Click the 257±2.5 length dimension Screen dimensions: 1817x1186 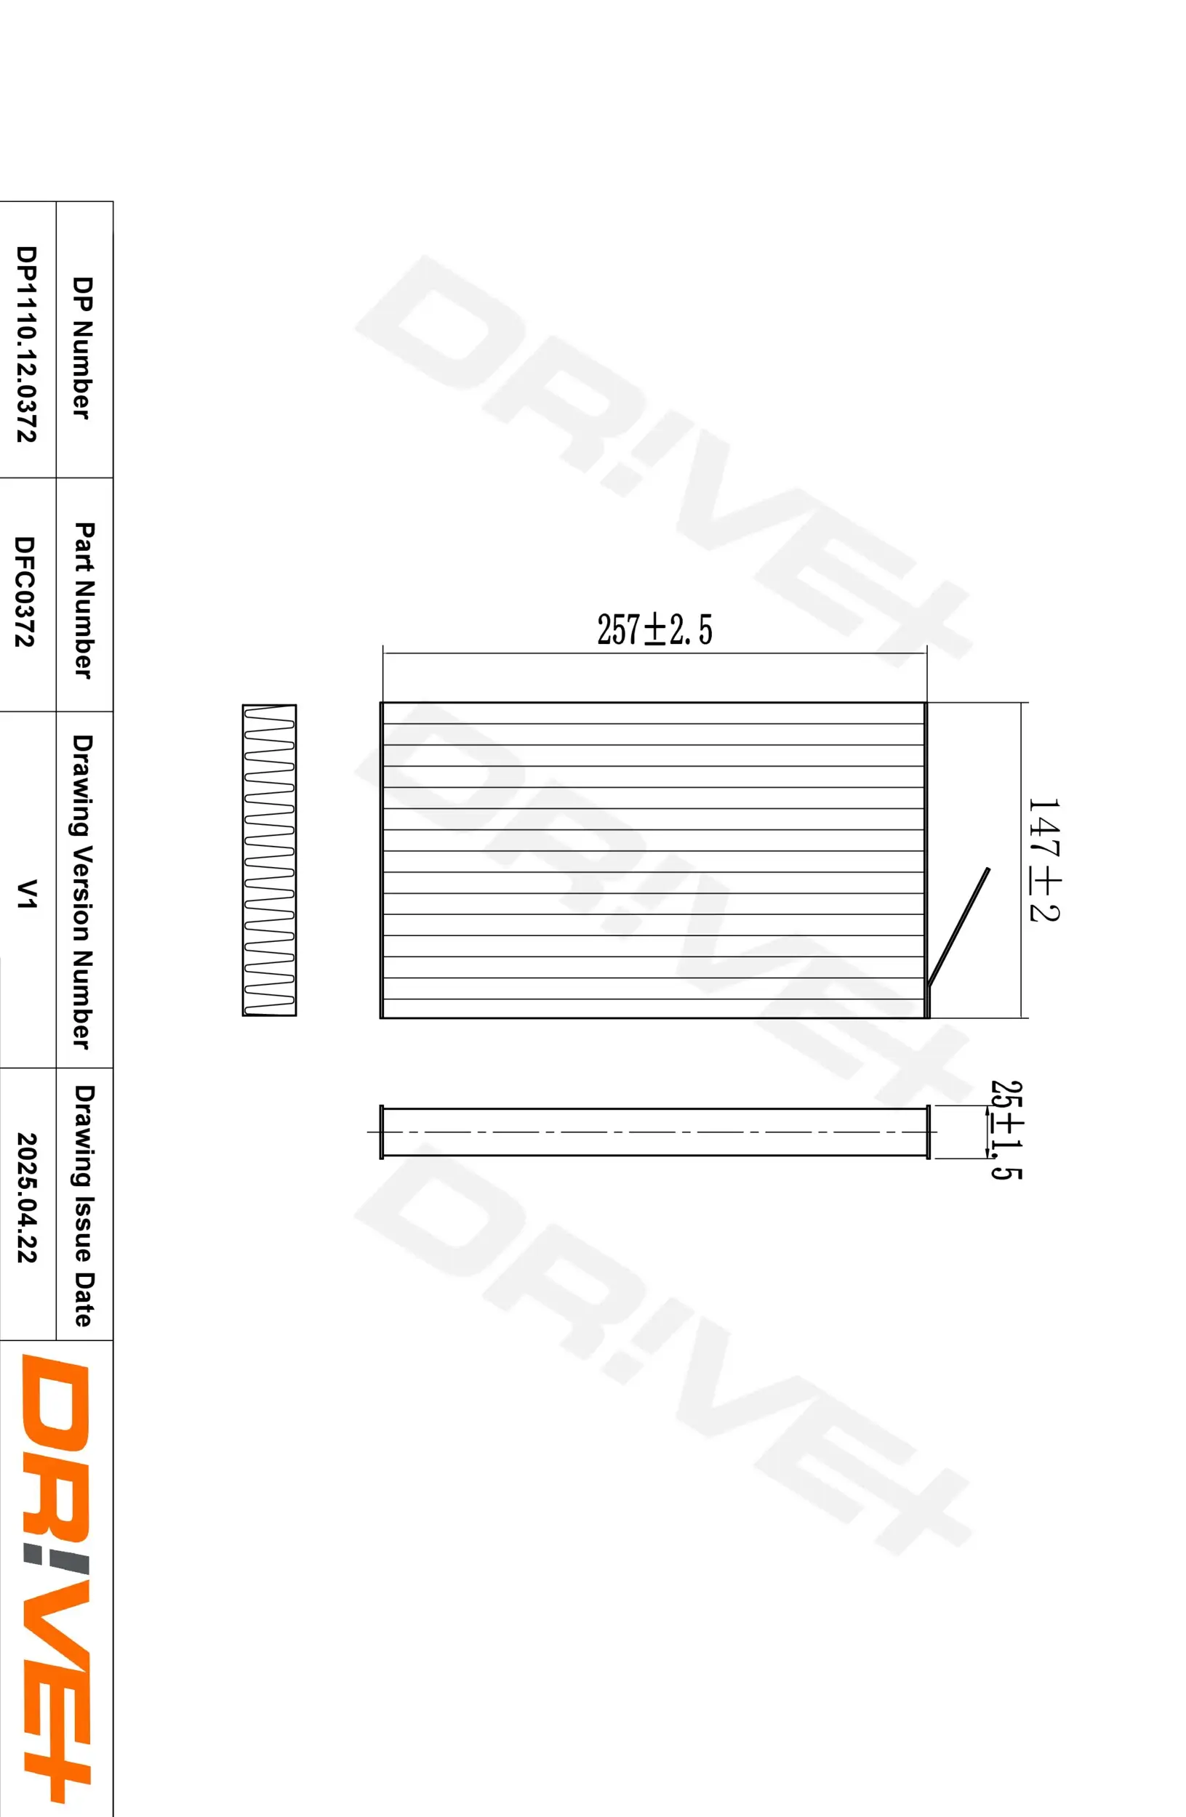[x=654, y=630]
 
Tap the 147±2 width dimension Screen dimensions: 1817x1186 [x=1043, y=860]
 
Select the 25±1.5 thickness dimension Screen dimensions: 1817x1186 [x=1005, y=1130]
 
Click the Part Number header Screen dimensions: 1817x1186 [x=84, y=600]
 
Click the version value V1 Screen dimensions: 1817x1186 [x=28, y=893]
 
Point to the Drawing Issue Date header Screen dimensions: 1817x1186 [x=84, y=1206]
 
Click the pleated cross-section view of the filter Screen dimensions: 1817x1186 [x=269, y=860]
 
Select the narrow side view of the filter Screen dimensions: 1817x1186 [x=654, y=1132]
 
